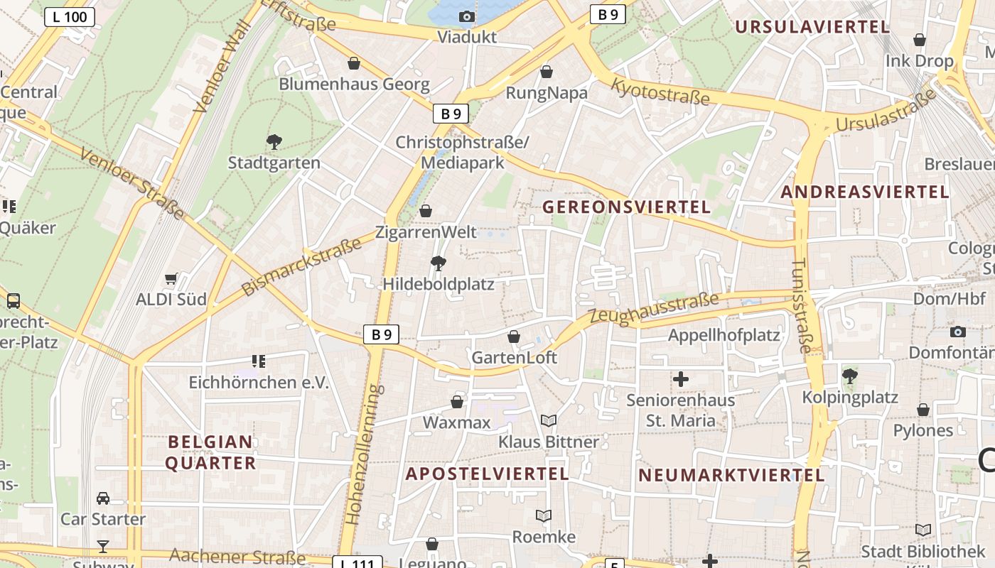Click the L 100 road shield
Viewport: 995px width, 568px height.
70,17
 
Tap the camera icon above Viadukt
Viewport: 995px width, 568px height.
467,16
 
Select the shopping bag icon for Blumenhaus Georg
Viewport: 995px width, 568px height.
354,63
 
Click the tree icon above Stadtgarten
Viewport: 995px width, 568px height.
274,142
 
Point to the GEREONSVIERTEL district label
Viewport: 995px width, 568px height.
626,207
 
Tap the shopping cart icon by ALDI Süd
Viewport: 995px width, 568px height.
171,279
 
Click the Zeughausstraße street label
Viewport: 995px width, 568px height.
655,310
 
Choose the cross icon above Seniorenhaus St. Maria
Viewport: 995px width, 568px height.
681,379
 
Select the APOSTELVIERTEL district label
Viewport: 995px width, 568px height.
488,474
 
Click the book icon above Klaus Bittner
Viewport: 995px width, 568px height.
548,421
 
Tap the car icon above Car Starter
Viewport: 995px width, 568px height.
103,498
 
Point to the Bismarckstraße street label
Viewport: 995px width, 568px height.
301,267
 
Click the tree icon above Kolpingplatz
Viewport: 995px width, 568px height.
849,376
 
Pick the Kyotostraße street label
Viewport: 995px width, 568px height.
661,92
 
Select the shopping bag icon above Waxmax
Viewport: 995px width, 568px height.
457,403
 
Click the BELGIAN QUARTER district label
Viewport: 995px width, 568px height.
211,452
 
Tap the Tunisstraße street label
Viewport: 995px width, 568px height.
801,305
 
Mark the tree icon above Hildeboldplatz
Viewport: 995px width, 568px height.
439,263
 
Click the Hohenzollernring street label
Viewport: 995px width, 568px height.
363,454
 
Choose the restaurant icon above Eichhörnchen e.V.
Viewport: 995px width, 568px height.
259,361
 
